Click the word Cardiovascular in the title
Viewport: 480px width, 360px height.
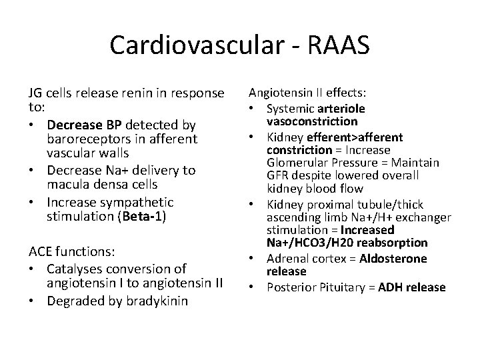(192, 45)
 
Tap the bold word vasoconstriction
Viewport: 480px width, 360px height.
(312, 122)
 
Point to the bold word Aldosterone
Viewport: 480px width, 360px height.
(393, 258)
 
